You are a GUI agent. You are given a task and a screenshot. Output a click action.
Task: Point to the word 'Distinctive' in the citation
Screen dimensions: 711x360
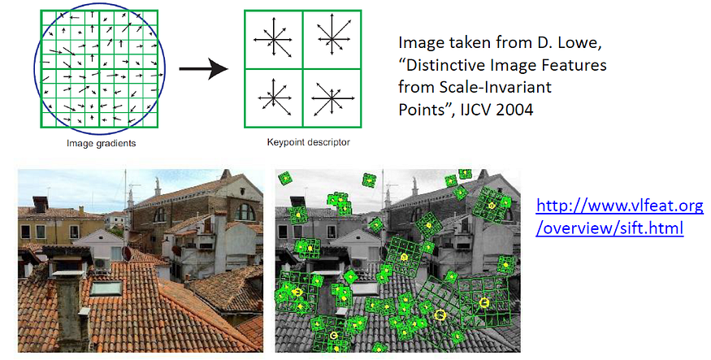pyautogui.click(x=451, y=64)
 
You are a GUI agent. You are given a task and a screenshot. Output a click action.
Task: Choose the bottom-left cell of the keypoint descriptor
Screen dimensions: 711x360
pyautogui.click(x=273, y=97)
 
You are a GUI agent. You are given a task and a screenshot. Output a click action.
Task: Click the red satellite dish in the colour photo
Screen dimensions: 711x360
pyautogui.click(x=127, y=254)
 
